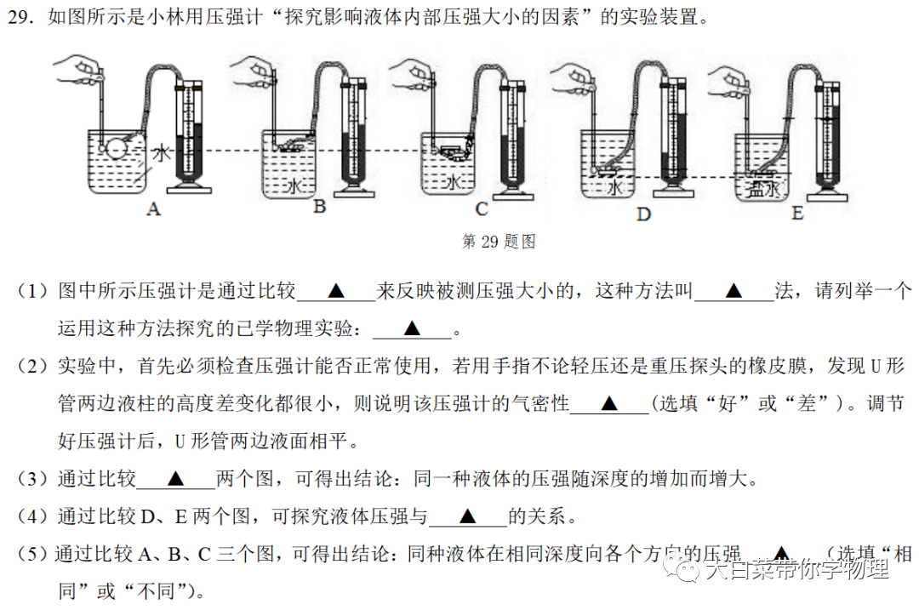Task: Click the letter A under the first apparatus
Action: coord(153,208)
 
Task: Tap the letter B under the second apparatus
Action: coord(319,207)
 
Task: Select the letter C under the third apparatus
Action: coord(482,208)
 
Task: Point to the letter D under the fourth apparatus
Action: coord(643,214)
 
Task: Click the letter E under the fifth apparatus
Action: coord(797,212)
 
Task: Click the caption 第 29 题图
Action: coord(498,242)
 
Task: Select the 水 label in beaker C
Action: coord(454,183)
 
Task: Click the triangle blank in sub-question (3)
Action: coord(176,478)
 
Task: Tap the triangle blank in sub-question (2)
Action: coord(608,403)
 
